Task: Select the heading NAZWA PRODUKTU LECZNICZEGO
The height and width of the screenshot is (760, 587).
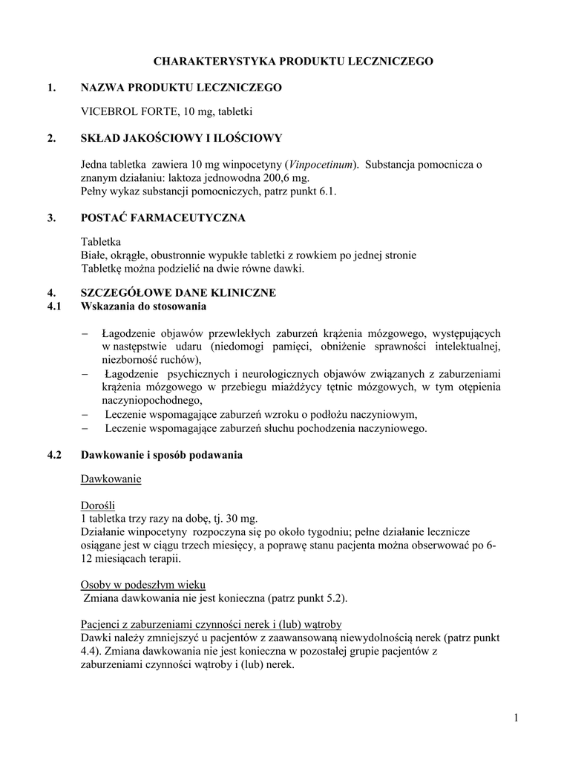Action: [181, 88]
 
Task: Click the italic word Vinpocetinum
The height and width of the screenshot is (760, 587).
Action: [321, 163]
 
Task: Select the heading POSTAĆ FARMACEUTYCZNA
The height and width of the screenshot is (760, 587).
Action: [163, 217]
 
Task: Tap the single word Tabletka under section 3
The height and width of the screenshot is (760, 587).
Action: [100, 242]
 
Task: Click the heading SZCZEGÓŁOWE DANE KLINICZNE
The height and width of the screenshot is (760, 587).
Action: [178, 293]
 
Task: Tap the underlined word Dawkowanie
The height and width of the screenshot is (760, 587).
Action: [111, 479]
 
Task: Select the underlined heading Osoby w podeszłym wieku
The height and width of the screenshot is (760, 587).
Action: [142, 584]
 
